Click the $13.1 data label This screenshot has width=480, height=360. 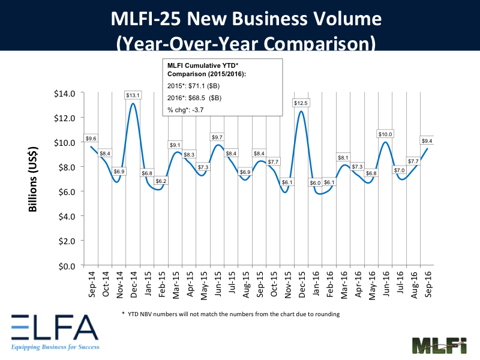coord(133,95)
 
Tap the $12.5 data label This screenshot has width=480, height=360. coord(301,103)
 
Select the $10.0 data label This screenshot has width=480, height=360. coord(385,134)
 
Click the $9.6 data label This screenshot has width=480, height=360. coord(91,138)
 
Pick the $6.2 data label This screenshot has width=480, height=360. coord(160,181)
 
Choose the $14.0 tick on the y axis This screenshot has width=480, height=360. coord(65,93)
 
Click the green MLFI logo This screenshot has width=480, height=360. coord(440,346)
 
